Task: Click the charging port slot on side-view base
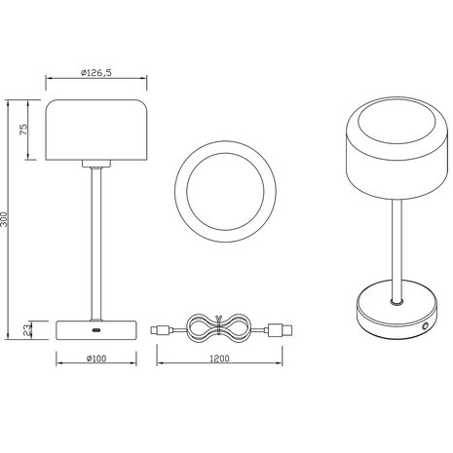(93, 331)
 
